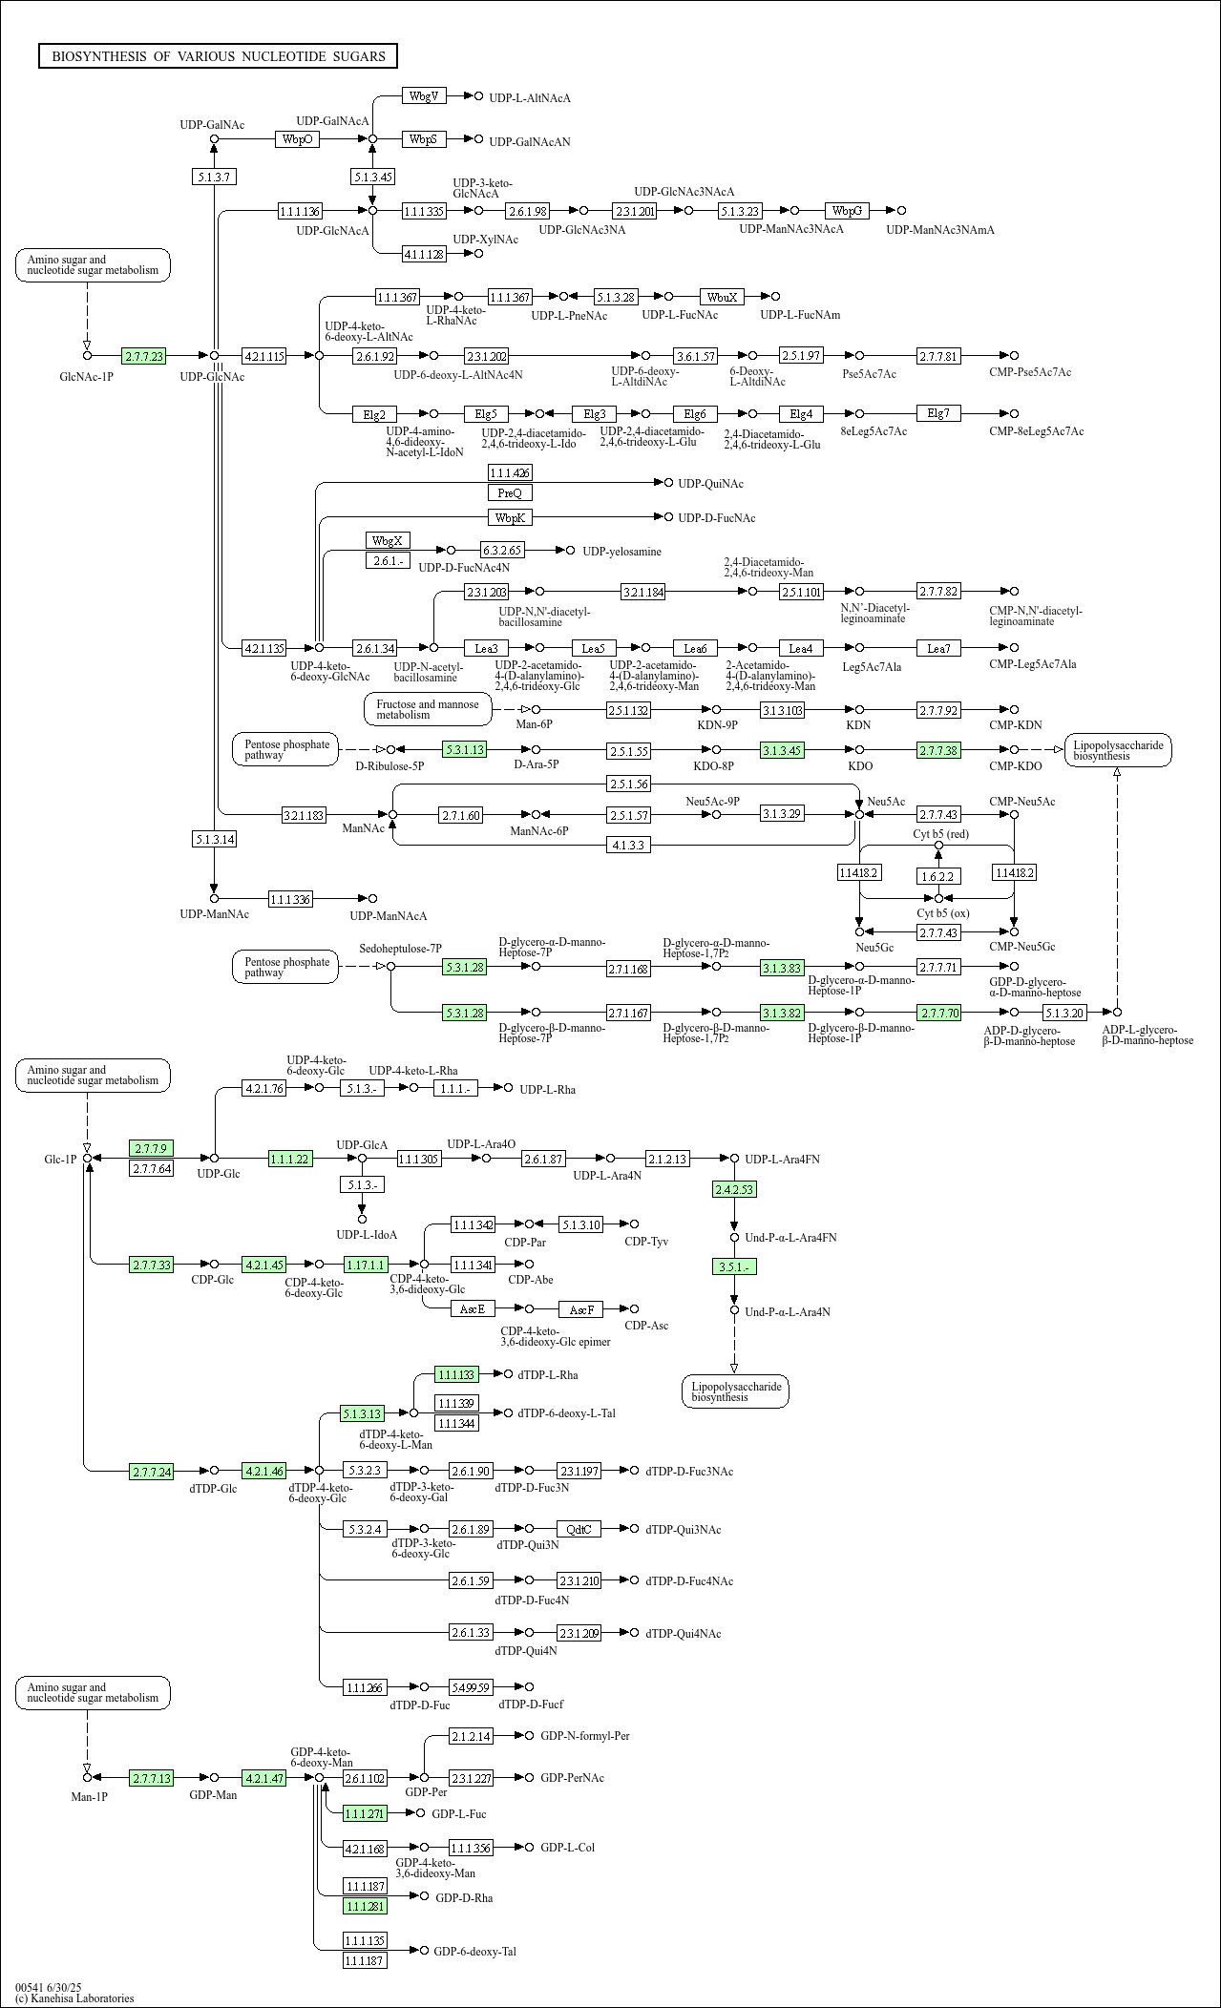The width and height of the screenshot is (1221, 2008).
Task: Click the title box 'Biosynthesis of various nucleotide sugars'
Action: point(218,56)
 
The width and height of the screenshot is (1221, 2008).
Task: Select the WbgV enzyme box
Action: point(423,96)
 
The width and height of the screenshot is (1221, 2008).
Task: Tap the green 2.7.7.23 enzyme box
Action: point(143,356)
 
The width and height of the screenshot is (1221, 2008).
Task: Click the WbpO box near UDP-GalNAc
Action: point(297,139)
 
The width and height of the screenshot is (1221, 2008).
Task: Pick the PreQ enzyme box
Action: point(510,492)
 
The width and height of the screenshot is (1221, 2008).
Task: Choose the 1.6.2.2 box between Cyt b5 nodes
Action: point(938,875)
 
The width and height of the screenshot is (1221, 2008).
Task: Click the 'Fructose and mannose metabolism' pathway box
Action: point(428,709)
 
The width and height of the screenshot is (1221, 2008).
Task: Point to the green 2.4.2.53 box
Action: point(734,1189)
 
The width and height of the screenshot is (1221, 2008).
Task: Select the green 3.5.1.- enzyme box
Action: point(734,1266)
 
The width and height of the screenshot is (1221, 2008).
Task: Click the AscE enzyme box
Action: point(473,1308)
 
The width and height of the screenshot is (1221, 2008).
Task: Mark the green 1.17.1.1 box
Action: point(366,1265)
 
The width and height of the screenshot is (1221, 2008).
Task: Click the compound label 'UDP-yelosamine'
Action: point(621,552)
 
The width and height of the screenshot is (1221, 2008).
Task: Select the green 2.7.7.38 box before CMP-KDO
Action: point(938,750)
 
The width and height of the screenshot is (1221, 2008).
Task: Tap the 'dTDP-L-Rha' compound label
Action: point(548,1374)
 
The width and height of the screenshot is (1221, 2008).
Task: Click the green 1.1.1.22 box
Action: point(290,1159)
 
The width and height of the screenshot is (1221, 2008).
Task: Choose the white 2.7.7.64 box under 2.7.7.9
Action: point(152,1168)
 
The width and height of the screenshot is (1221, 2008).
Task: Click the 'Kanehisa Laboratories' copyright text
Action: point(74,1998)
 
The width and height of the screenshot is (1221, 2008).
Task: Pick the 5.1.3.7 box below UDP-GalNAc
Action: point(214,177)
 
